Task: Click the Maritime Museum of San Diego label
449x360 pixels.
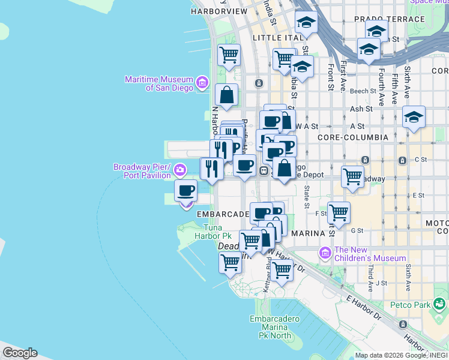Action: [159, 83]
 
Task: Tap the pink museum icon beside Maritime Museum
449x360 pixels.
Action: [202, 82]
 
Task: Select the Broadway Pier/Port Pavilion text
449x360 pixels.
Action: [143, 171]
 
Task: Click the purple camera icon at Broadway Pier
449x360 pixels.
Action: [179, 172]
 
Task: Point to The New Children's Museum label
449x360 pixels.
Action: [370, 254]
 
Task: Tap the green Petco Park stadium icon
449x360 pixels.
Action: [441, 305]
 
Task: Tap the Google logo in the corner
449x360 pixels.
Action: [19, 353]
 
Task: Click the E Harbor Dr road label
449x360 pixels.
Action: [363, 306]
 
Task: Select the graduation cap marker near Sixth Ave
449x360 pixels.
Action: [414, 117]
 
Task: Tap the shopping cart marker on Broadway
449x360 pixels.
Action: [352, 177]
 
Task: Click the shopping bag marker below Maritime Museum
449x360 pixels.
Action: [226, 95]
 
